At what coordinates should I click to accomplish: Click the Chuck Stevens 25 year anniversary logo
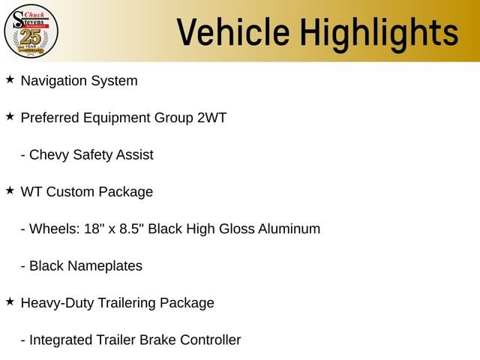pyautogui.click(x=31, y=31)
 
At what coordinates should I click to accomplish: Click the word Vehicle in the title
pyautogui.click(x=233, y=32)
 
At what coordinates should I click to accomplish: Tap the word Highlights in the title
pyautogui.click(x=379, y=34)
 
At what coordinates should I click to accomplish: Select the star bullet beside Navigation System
pyautogui.click(x=10, y=79)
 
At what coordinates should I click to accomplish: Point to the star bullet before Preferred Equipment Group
pyautogui.click(x=10, y=117)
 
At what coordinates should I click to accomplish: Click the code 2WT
pyautogui.click(x=211, y=118)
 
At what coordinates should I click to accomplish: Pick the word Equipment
pyautogui.click(x=117, y=118)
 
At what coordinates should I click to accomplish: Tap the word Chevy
pyautogui.click(x=49, y=155)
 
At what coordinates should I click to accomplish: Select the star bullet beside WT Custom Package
pyautogui.click(x=10, y=190)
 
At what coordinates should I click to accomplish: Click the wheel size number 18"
pyautogui.click(x=92, y=229)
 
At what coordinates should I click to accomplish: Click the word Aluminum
pyautogui.click(x=289, y=229)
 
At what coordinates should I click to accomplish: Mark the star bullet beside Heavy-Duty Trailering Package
pyautogui.click(x=10, y=301)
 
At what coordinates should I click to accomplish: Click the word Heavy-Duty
pyautogui.click(x=57, y=303)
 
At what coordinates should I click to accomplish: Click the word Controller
pyautogui.click(x=211, y=340)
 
